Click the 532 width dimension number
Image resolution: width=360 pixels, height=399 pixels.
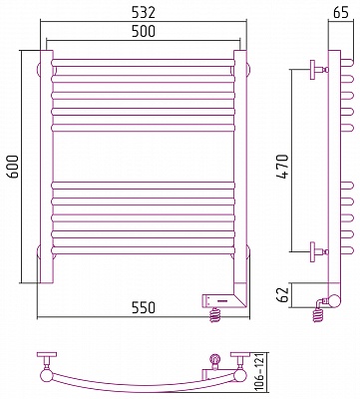pyautogui.click(x=143, y=13)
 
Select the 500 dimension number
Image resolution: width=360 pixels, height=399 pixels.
pyautogui.click(x=143, y=31)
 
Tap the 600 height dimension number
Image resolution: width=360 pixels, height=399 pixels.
pyautogui.click(x=13, y=167)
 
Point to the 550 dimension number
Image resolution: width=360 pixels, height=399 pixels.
pyautogui.click(x=143, y=307)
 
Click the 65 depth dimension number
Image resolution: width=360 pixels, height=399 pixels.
pyautogui.click(x=341, y=12)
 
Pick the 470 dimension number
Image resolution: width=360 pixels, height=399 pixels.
pyautogui.click(x=282, y=167)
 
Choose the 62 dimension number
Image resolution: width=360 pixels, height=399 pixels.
pyautogui.click(x=283, y=294)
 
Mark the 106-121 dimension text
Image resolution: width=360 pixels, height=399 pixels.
pyautogui.click(x=260, y=372)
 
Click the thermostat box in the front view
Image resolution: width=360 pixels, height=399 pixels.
pyautogui.click(x=218, y=301)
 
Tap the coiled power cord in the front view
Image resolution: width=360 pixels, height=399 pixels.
pyautogui.click(x=215, y=315)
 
